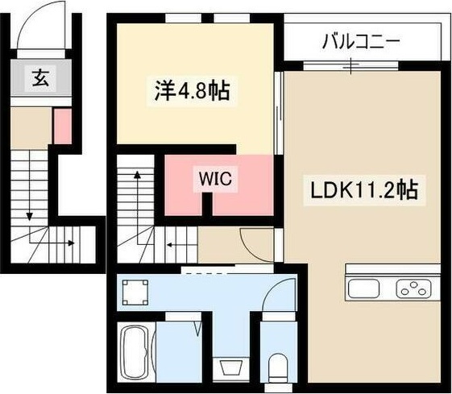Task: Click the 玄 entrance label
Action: (40, 78)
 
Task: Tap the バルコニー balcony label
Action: (361, 42)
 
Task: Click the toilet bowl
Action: (278, 363)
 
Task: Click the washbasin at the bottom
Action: (230, 367)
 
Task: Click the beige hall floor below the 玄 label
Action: (31, 126)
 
